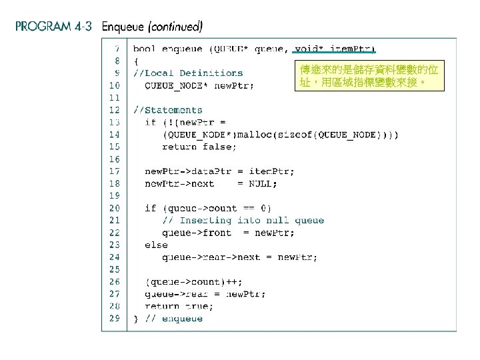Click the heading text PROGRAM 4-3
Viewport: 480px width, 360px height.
[x=53, y=27]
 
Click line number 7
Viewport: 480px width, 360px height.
[x=117, y=49]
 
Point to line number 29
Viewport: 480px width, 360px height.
[x=115, y=319]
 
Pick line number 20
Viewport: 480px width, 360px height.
[x=115, y=208]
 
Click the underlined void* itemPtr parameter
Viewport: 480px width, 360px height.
[x=335, y=49]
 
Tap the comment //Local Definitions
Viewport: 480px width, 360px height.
[x=188, y=73]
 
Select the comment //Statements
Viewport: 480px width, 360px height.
[x=167, y=110]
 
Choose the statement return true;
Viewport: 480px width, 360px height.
[x=179, y=306]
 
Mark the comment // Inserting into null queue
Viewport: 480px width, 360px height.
[x=243, y=220]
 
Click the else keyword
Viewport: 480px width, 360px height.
[x=156, y=245]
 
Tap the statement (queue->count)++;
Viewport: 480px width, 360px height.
[x=185, y=281]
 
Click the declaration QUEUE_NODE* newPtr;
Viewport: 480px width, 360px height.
[x=199, y=85]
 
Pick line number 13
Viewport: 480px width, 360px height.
[x=115, y=122]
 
